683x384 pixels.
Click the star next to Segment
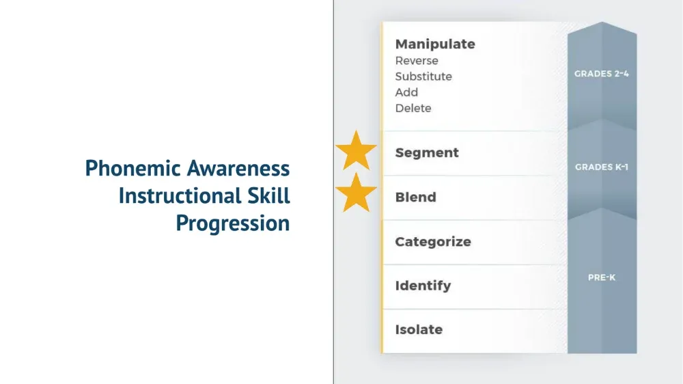coord(356,151)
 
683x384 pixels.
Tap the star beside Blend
coord(356,193)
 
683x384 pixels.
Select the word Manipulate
coord(435,44)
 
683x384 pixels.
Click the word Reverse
coord(417,61)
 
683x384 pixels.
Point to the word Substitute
coord(423,77)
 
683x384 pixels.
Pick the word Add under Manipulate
coord(406,92)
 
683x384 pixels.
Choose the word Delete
coord(413,108)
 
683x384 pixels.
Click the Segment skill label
coord(427,153)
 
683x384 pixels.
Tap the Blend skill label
coord(415,197)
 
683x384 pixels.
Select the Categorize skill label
coord(433,242)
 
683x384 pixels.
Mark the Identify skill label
coord(423,286)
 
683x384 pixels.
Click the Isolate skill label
coord(419,329)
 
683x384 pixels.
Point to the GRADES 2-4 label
coord(602,74)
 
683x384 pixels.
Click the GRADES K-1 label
coord(602,167)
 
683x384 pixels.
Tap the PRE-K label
coord(602,277)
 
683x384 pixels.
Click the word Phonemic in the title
coord(133,168)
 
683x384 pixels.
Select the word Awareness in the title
coord(238,168)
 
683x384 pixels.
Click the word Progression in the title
coord(233,223)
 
